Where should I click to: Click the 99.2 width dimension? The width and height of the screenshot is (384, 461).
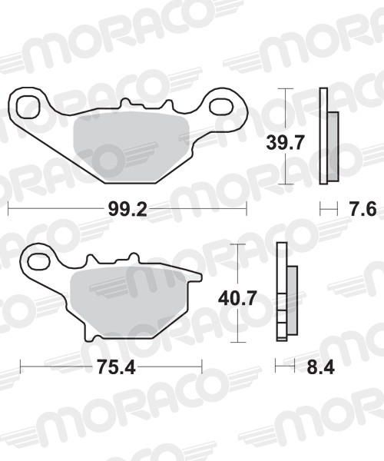tap(127, 209)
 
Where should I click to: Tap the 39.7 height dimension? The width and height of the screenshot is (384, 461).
tap(284, 143)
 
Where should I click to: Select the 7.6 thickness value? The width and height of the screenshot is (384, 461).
tap(362, 209)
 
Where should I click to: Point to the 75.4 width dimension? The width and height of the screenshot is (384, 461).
tap(116, 367)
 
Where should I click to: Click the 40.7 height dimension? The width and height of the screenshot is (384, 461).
tap(237, 298)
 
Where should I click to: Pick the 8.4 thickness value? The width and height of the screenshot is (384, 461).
tap(320, 367)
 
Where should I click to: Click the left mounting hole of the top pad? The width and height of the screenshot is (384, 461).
tap(28, 108)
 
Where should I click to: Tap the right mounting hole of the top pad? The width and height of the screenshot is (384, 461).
tap(222, 107)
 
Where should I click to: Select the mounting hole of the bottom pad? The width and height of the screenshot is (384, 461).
tap(39, 260)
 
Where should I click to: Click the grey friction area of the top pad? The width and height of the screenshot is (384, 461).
tap(131, 145)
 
